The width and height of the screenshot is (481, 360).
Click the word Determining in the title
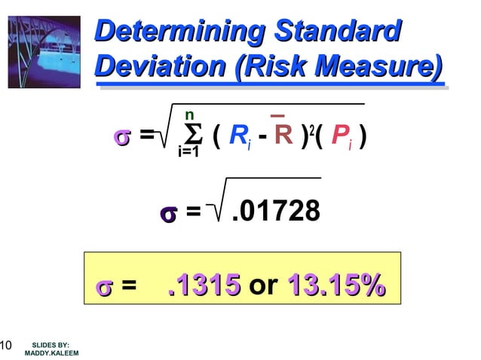(x=179, y=32)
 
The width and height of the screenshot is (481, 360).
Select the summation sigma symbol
(x=193, y=136)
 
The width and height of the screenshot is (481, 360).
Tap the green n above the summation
(x=189, y=115)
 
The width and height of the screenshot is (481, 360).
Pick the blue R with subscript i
(x=239, y=136)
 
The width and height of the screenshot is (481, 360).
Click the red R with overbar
(x=283, y=136)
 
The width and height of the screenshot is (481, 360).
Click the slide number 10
(x=5, y=346)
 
